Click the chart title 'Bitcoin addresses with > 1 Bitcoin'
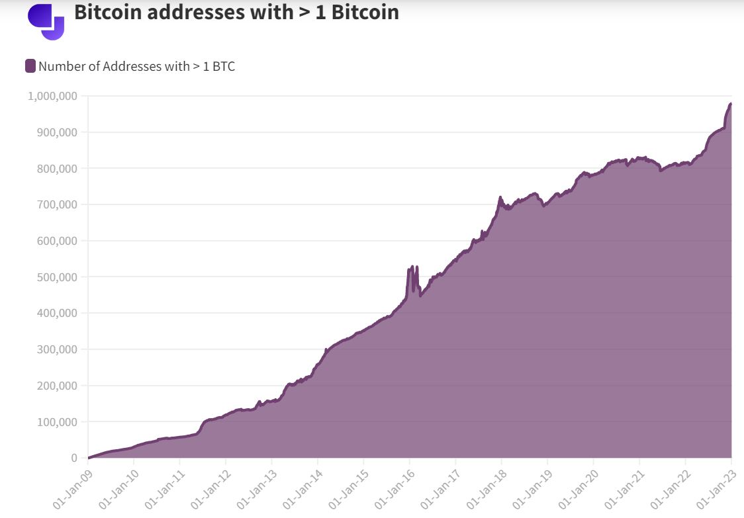236,12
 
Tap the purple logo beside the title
46,21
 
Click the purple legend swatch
30,66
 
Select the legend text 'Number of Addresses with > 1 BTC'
136,66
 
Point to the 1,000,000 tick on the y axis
52,97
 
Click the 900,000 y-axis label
57,132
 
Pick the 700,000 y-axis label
57,204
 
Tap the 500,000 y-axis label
57,277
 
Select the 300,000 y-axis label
57,349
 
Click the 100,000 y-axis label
57,421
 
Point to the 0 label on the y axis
74,458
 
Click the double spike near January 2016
413,280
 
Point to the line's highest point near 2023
731,103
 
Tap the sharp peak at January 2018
500,197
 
